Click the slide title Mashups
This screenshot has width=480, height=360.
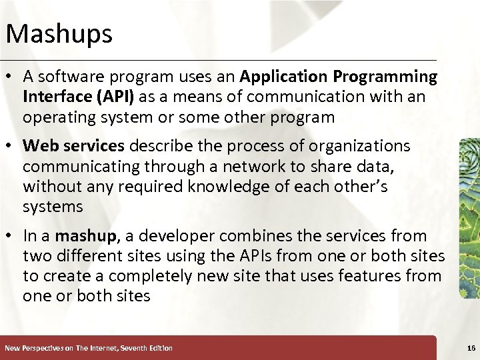59,33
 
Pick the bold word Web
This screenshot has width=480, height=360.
39,146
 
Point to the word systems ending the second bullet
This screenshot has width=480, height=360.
53,207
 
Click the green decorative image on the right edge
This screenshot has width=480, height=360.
470,217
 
